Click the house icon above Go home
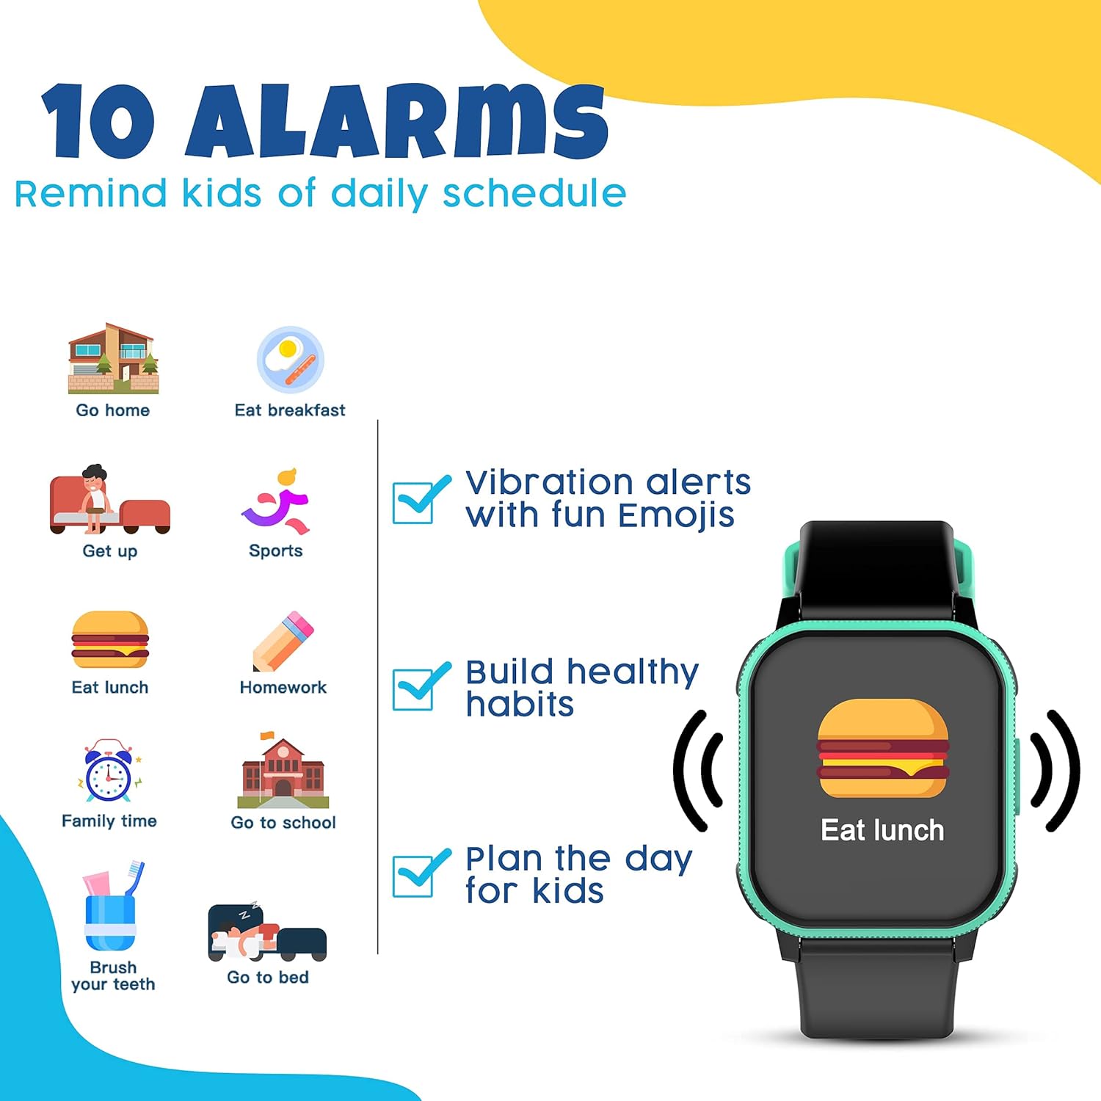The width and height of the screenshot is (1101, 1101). [x=113, y=359]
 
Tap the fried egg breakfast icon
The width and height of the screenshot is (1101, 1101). [x=290, y=360]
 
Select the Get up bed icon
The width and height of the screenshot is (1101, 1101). [x=109, y=501]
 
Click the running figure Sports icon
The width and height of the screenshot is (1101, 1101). [x=277, y=502]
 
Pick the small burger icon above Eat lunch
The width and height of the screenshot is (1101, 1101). [x=110, y=639]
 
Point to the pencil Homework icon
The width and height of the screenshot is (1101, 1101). [x=283, y=641]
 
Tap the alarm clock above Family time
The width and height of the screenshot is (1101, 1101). [x=109, y=771]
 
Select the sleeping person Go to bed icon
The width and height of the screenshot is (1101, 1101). [x=267, y=931]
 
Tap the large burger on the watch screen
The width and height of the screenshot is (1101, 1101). [x=883, y=749]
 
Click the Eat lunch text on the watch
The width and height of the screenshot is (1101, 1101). [x=882, y=830]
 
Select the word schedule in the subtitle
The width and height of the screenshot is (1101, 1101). [x=534, y=194]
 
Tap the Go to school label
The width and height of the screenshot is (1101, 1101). [x=283, y=823]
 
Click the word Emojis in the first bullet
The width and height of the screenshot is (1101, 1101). [x=676, y=515]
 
